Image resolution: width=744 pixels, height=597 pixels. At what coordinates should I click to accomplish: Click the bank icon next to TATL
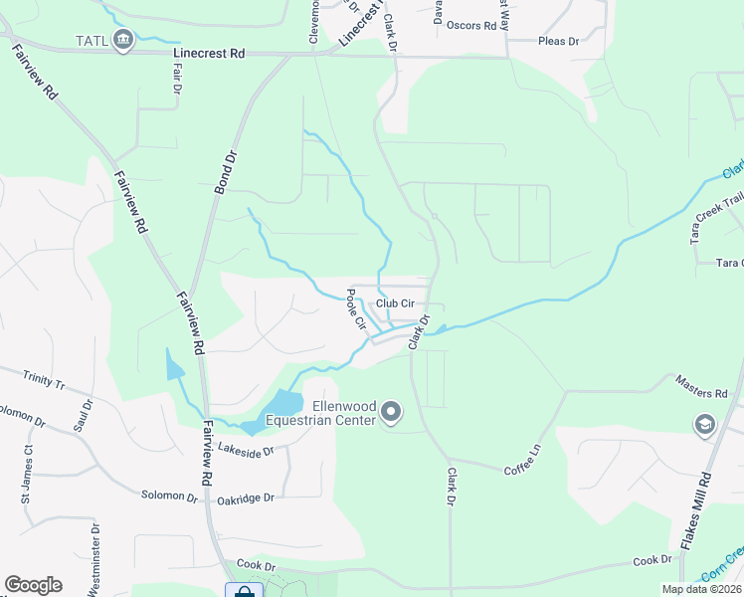pos(123,41)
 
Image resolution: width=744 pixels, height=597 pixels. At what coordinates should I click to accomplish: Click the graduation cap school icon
pos(705,425)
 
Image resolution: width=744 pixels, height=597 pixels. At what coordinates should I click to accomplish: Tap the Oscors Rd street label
pos(471,26)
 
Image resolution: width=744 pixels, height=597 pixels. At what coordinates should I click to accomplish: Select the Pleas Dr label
pos(558,41)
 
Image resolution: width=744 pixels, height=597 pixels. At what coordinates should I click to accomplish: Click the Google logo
pos(33,585)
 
